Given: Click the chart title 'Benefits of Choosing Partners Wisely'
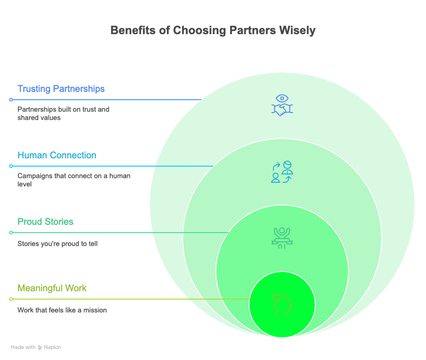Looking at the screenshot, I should [213, 30].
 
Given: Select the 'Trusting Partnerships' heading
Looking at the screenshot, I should [61, 89].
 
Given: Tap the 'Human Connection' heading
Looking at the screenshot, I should [57, 155].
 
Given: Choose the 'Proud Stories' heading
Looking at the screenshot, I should [45, 222].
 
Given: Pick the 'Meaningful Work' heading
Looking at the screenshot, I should [52, 288].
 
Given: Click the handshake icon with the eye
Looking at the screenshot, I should [282, 105].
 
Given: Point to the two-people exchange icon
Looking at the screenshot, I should [282, 172].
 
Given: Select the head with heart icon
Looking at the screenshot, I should [282, 305].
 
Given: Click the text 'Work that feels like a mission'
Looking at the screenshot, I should [62, 310].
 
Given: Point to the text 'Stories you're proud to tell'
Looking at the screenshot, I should [57, 244].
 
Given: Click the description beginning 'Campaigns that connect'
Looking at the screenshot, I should [74, 180].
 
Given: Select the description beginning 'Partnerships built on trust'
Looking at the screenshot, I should [70, 114].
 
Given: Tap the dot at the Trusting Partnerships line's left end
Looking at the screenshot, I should [11, 100].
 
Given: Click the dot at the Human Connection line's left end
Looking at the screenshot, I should [11, 166].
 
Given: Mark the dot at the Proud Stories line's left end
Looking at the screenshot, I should [11, 233].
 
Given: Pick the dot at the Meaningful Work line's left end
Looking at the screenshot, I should [11, 299].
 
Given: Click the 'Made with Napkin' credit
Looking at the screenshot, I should [36, 347].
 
